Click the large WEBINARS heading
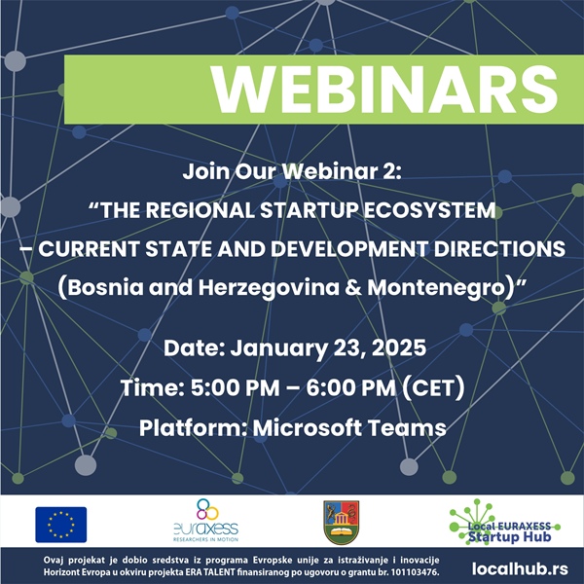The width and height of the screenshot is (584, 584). (384, 90)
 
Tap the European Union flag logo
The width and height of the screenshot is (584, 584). (61, 525)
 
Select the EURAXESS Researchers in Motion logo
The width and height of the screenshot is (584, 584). (206, 521)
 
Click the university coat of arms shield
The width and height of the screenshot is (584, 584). (342, 522)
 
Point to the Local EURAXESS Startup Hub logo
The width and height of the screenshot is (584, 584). (505, 523)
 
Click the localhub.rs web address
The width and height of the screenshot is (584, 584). (520, 569)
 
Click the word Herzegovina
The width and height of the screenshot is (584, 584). (269, 288)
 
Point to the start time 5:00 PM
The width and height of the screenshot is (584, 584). (235, 387)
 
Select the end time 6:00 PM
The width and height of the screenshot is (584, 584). (350, 387)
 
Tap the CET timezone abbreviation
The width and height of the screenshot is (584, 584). (433, 388)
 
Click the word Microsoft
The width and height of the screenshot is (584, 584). (308, 428)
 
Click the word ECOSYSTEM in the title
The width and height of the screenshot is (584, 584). (429, 210)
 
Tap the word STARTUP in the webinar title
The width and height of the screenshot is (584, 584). (310, 210)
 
